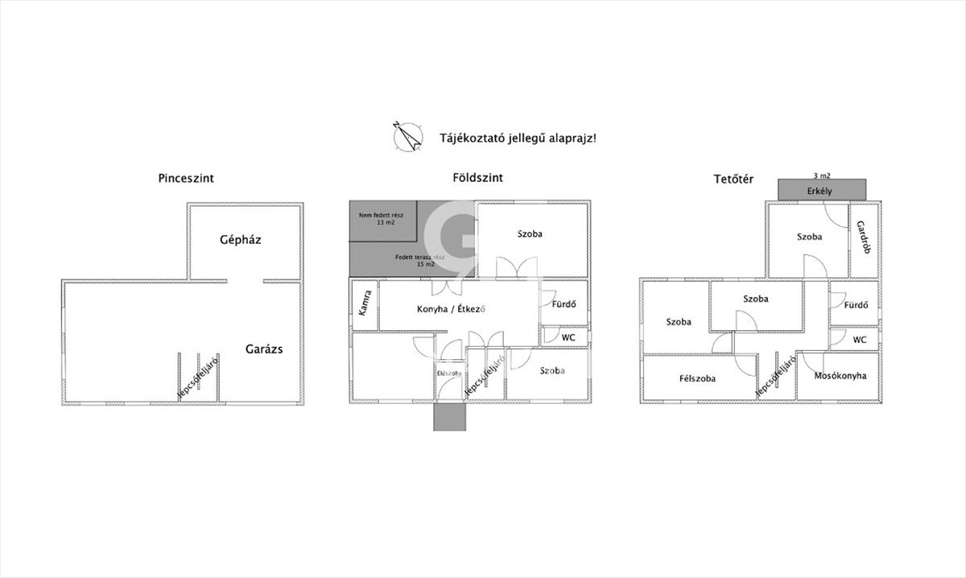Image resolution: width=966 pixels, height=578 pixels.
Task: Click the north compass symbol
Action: coord(407,136)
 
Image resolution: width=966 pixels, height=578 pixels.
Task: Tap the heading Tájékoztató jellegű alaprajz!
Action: coord(518,138)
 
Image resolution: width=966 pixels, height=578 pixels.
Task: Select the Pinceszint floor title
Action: coord(186,179)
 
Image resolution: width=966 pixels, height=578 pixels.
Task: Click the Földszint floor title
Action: coord(478,178)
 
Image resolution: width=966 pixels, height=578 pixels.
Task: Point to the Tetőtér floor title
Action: coord(733,179)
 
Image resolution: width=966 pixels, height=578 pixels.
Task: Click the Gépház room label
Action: coord(241,239)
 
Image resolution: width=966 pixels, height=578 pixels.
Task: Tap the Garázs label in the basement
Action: coord(264,349)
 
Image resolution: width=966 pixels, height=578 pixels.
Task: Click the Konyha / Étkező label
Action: coord(454,309)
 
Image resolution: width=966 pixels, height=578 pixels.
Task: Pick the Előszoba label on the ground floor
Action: coord(449,374)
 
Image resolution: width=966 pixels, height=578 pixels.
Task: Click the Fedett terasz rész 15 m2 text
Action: coord(415,260)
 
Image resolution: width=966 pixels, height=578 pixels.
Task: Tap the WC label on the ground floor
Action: coord(568,337)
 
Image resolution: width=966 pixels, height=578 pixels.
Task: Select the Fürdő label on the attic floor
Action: coord(856,305)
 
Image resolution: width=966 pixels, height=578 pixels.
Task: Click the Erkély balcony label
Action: coord(819,192)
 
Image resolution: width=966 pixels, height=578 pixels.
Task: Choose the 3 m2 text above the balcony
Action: coord(822,175)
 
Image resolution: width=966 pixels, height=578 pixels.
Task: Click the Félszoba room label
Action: coord(697,378)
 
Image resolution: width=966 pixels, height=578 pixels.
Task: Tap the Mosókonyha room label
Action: coord(840,375)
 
